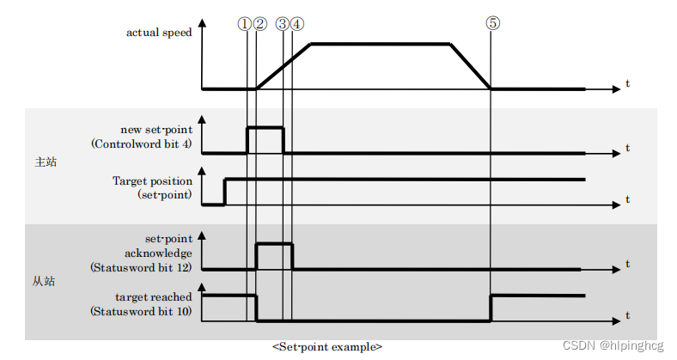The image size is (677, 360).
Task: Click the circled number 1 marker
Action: (x=245, y=24)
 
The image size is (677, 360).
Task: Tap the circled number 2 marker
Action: (x=260, y=24)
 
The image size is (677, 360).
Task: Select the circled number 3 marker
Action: (x=284, y=24)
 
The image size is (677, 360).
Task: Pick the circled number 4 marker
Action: (x=297, y=24)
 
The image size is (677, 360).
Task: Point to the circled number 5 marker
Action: (x=492, y=24)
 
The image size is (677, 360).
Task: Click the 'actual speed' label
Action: (x=159, y=33)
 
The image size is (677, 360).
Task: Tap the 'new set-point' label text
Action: (x=156, y=130)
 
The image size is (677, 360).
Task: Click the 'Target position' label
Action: (x=152, y=181)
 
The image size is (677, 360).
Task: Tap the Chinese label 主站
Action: (x=46, y=162)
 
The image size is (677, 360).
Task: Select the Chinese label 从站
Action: (x=43, y=281)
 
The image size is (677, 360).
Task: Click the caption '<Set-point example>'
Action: (x=327, y=346)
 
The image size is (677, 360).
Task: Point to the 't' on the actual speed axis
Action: (x=627, y=83)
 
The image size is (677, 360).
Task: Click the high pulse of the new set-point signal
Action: (x=265, y=128)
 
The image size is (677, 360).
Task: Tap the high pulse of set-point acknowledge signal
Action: (x=275, y=245)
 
